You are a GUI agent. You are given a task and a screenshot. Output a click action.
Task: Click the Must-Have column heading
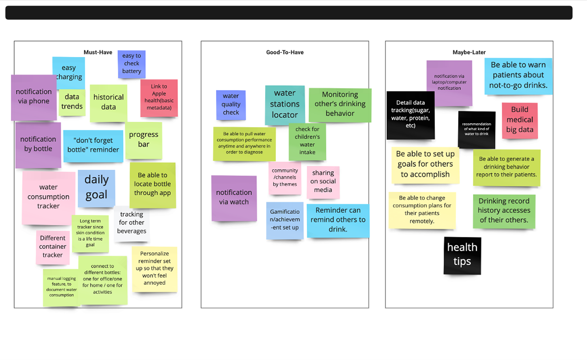click(x=98, y=52)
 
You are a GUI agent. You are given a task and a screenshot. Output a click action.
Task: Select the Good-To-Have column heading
click(x=284, y=52)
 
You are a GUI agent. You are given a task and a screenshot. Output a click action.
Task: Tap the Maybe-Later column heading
click(x=469, y=52)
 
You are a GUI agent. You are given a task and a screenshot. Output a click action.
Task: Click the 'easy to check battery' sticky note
click(x=132, y=64)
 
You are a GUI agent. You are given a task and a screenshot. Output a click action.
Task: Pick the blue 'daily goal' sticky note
click(x=96, y=188)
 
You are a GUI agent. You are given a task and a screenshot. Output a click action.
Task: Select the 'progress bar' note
click(x=143, y=140)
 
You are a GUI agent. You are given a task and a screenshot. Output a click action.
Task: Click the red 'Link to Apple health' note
click(x=158, y=98)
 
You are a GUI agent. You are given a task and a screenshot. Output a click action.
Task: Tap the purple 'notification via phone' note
click(x=33, y=97)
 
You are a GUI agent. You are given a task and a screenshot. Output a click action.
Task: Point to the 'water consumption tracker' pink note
click(x=48, y=197)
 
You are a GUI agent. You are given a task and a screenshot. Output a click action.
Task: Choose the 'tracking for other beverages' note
click(x=132, y=224)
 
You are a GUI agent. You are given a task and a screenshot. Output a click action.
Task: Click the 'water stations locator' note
click(x=285, y=104)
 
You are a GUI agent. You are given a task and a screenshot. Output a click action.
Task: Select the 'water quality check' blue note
click(x=231, y=105)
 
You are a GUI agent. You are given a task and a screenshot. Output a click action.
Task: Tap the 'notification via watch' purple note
click(x=234, y=198)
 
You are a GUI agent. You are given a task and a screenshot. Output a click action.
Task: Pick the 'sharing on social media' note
click(x=323, y=182)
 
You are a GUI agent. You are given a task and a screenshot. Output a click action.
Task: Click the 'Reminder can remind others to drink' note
click(x=338, y=221)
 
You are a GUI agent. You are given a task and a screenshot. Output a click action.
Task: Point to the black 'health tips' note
click(x=462, y=255)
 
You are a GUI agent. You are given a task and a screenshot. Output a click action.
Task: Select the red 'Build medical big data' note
click(x=519, y=120)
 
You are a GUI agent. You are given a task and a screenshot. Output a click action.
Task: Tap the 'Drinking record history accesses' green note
click(x=504, y=211)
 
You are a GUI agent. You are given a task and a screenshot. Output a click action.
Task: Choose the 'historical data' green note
click(x=108, y=103)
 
